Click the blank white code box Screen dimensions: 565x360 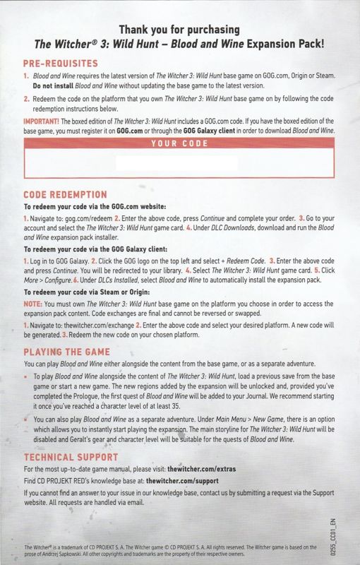(x=179, y=164)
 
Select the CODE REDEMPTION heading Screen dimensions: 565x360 (x=65, y=194)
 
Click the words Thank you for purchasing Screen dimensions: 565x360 (x=179, y=30)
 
